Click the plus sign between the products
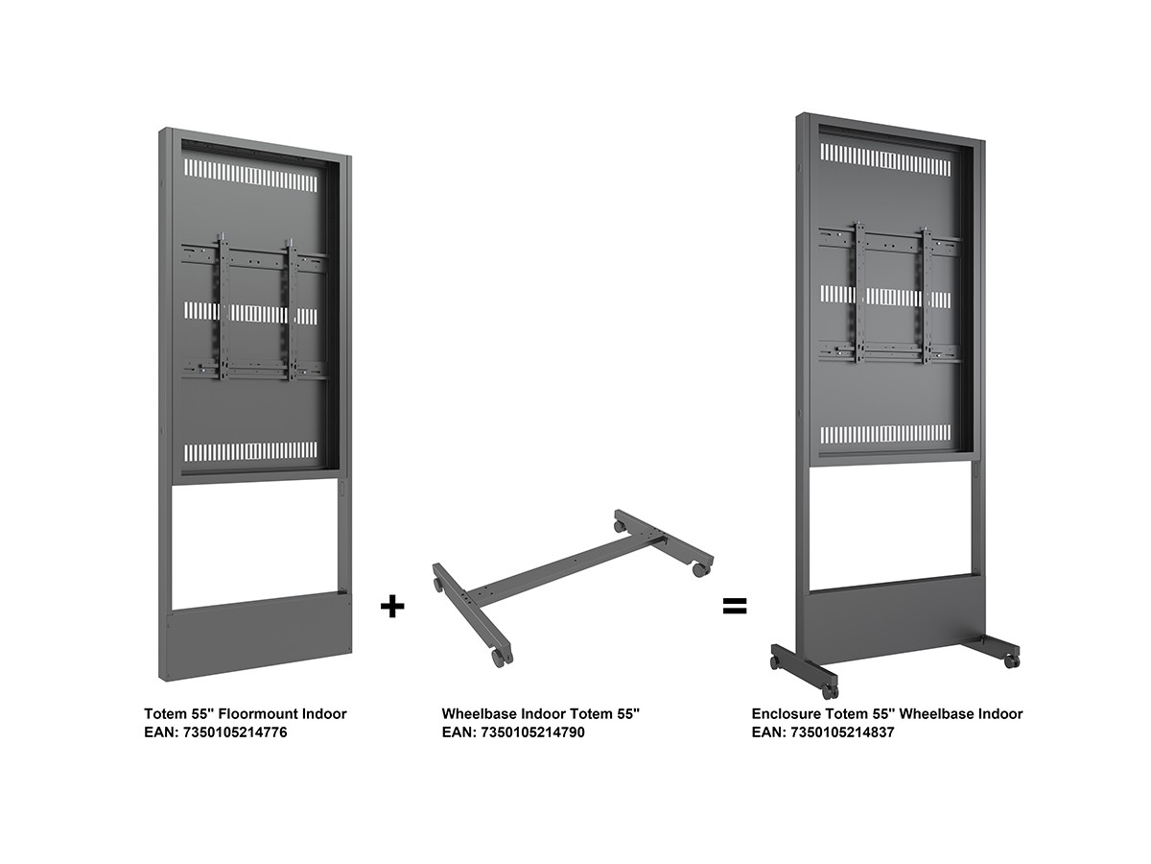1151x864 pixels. [392, 607]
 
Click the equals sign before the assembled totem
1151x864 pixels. [735, 607]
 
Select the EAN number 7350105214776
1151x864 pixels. [235, 732]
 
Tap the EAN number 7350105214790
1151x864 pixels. [532, 732]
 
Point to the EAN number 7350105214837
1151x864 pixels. [842, 732]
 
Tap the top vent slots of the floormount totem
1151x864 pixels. [250, 176]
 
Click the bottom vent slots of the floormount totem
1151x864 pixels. [250, 451]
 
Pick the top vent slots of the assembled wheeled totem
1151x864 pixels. [885, 159]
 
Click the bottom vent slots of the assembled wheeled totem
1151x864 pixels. [885, 434]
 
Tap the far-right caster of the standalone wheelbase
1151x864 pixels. [700, 569]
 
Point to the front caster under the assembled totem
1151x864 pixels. [830, 691]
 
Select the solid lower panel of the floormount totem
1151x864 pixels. [259, 636]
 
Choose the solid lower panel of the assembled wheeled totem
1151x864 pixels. [897, 614]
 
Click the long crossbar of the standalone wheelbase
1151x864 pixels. [565, 569]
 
